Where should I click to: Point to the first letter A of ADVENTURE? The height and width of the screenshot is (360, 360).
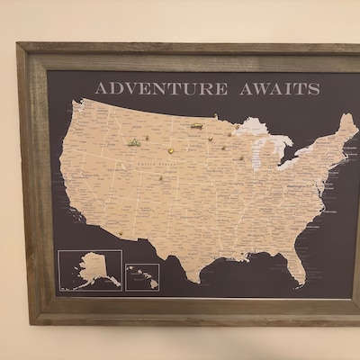click(101, 88)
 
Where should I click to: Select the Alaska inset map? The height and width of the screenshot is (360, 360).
click(90, 269)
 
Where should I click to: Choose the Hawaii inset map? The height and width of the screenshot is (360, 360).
click(142, 275)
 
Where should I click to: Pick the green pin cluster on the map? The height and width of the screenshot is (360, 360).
click(134, 142)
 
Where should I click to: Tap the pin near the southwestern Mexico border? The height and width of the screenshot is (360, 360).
click(121, 233)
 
